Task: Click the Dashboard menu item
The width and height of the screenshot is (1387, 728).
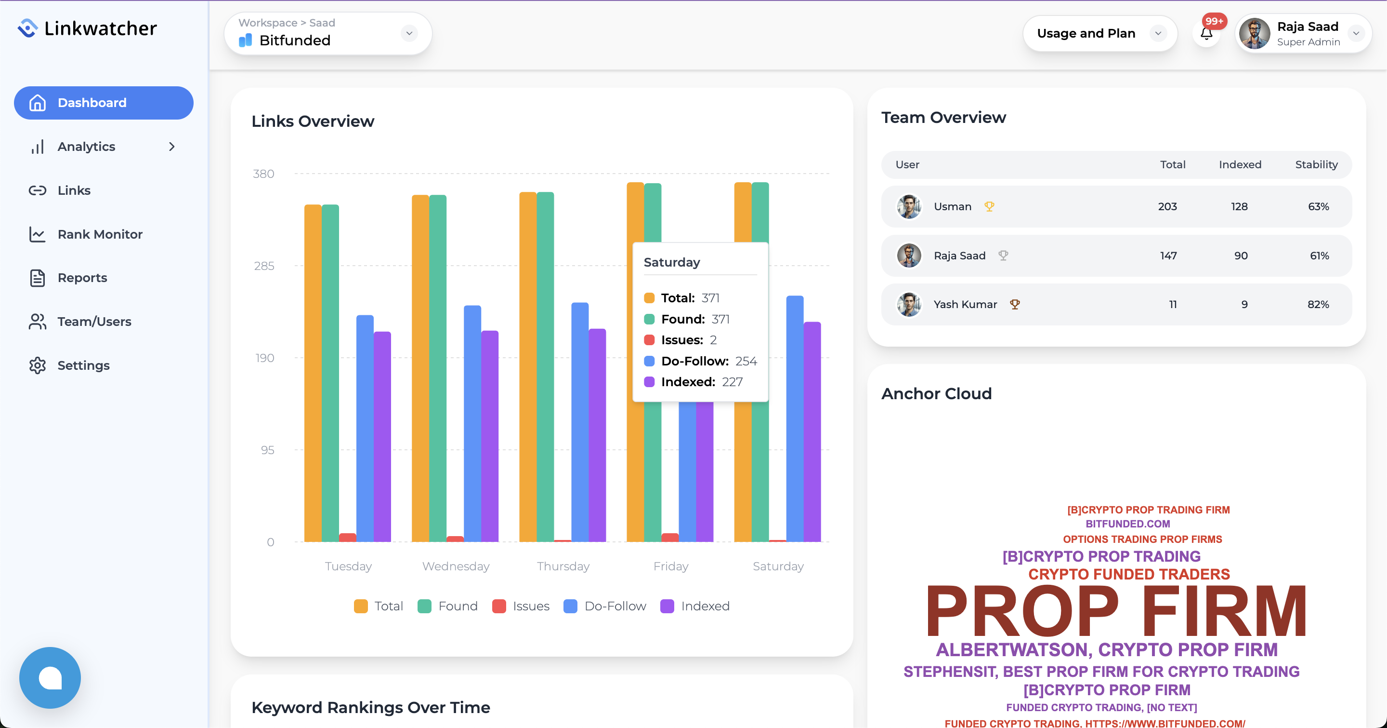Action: (104, 103)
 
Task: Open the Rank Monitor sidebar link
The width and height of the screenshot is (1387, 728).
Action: (100, 234)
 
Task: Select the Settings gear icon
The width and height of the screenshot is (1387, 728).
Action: (37, 365)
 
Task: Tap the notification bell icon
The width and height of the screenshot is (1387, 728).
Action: (1206, 34)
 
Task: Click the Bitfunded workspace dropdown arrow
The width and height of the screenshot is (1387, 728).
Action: (409, 33)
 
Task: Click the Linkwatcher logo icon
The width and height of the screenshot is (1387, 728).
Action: (27, 28)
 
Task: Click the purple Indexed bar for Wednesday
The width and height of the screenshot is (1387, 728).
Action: (489, 436)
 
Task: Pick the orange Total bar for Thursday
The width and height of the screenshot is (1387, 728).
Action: (528, 366)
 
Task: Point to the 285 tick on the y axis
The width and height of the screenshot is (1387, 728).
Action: (264, 266)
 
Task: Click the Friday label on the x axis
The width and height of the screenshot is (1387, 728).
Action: (670, 566)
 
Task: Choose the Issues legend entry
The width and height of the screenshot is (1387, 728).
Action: (521, 606)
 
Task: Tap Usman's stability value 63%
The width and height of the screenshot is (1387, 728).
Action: (1318, 207)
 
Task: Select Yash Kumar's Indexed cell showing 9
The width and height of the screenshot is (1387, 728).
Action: (1244, 304)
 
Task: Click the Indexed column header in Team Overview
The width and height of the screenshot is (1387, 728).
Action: (1240, 165)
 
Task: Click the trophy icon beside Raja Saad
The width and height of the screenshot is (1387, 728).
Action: (1003, 256)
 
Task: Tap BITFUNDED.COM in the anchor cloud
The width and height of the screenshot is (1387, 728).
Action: (1127, 524)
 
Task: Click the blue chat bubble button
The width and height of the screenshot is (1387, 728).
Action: (50, 677)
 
